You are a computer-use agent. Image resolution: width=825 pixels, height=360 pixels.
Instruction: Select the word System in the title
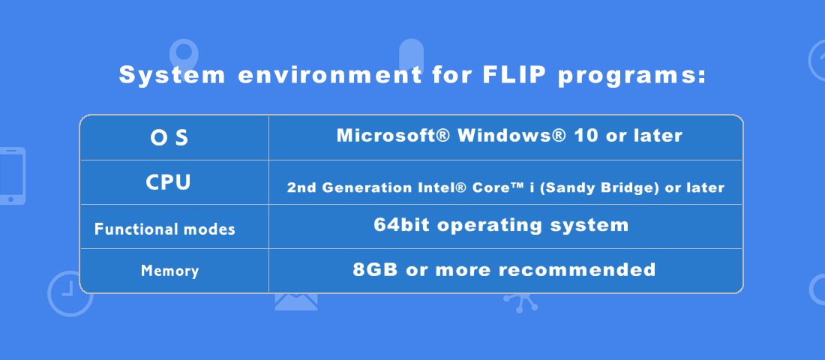(172, 76)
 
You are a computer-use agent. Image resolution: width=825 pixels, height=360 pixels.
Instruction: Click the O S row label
(169, 138)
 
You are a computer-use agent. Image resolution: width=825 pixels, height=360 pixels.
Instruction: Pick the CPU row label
(168, 183)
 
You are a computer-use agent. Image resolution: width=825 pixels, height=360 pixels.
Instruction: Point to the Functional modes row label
(165, 229)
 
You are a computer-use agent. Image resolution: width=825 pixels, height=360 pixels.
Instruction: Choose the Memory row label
(170, 271)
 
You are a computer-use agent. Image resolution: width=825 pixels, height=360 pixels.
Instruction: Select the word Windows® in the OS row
(512, 136)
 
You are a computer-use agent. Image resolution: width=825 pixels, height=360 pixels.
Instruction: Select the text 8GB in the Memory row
(376, 270)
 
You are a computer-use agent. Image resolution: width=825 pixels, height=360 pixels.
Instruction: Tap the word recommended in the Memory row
(577, 270)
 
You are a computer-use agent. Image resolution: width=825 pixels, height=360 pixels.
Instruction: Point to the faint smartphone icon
(13, 175)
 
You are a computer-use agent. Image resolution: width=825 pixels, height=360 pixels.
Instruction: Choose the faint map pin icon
(184, 52)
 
